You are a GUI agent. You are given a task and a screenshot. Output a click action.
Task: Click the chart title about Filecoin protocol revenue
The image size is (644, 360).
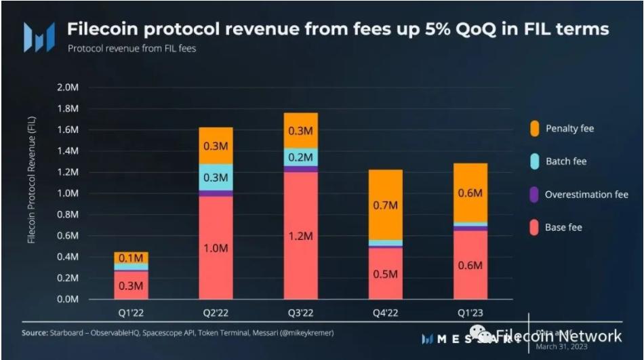[337, 29]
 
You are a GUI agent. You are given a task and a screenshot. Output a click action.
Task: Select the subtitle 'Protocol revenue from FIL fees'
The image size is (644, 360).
[132, 48]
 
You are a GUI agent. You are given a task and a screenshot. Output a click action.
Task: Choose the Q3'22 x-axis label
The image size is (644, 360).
[300, 313]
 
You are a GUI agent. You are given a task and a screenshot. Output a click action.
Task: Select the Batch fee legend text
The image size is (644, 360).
[565, 161]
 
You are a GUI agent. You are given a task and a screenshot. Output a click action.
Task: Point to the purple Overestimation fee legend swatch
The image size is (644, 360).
[534, 195]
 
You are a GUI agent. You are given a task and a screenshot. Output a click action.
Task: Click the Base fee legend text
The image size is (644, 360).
[563, 228]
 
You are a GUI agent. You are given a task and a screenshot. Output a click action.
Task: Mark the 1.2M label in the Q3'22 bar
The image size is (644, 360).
[300, 236]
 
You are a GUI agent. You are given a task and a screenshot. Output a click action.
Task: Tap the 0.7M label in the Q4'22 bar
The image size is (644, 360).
[385, 205]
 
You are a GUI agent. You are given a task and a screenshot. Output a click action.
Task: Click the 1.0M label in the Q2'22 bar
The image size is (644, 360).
[215, 248]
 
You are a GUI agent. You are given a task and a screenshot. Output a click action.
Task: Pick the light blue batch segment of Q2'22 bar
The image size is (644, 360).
[215, 177]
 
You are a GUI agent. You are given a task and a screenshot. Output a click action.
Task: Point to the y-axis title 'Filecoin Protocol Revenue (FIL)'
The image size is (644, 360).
[32, 180]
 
